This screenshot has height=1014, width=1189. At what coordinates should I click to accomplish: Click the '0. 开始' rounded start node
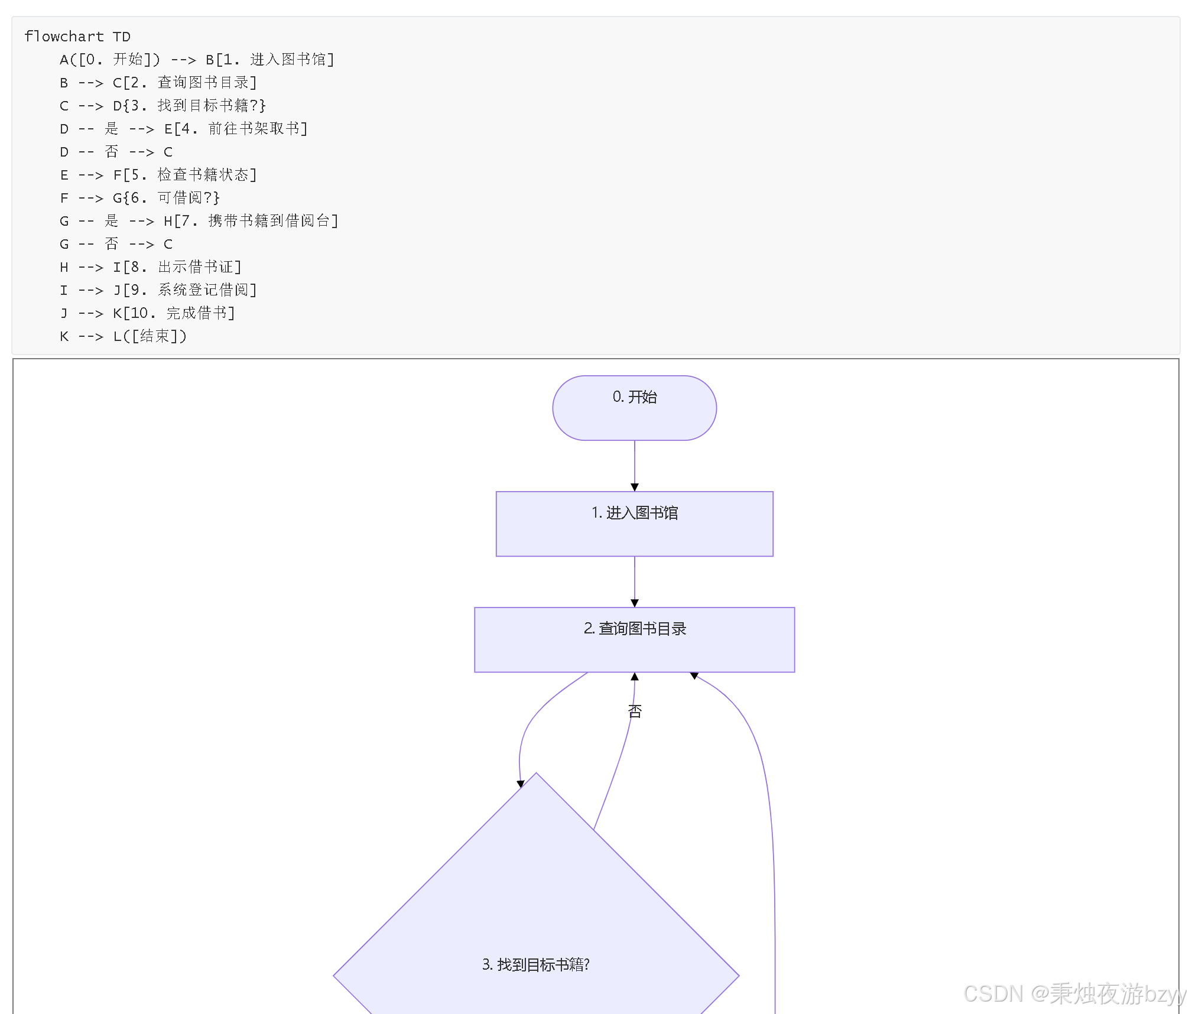coord(634,408)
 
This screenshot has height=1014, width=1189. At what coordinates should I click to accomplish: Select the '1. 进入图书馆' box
coord(634,524)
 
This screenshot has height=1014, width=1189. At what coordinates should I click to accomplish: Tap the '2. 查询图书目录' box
coord(634,639)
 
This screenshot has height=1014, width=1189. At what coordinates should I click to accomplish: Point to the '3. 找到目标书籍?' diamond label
coord(535,964)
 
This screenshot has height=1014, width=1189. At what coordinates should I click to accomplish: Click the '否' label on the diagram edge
coord(635,711)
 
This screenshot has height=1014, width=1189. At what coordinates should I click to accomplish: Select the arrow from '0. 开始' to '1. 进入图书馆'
coord(635,466)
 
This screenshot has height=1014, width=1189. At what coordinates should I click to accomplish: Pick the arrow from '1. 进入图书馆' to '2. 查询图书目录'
coord(635,581)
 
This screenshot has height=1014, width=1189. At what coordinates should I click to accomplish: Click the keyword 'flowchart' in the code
coord(64,37)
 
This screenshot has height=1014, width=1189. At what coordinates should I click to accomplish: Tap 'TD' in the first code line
coord(122,37)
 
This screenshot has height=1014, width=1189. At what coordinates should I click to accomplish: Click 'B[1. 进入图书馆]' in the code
coord(269,60)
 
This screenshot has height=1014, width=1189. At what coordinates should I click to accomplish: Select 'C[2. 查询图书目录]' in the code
coord(184,83)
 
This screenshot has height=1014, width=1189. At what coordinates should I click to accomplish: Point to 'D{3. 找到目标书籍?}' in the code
coord(189,106)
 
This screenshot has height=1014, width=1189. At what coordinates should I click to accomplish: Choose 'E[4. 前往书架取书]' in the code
coord(236,129)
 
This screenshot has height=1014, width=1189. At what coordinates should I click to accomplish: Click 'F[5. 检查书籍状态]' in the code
coord(184,175)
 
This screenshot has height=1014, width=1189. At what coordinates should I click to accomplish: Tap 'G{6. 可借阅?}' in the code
coord(166,198)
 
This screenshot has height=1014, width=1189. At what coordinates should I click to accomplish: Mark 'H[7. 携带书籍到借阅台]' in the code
coord(251,221)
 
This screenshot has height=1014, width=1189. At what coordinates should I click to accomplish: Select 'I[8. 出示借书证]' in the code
coord(177,267)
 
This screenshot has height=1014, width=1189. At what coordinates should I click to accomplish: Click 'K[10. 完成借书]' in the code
coord(174,313)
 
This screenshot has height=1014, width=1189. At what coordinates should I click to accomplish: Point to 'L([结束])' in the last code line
coord(150,336)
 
